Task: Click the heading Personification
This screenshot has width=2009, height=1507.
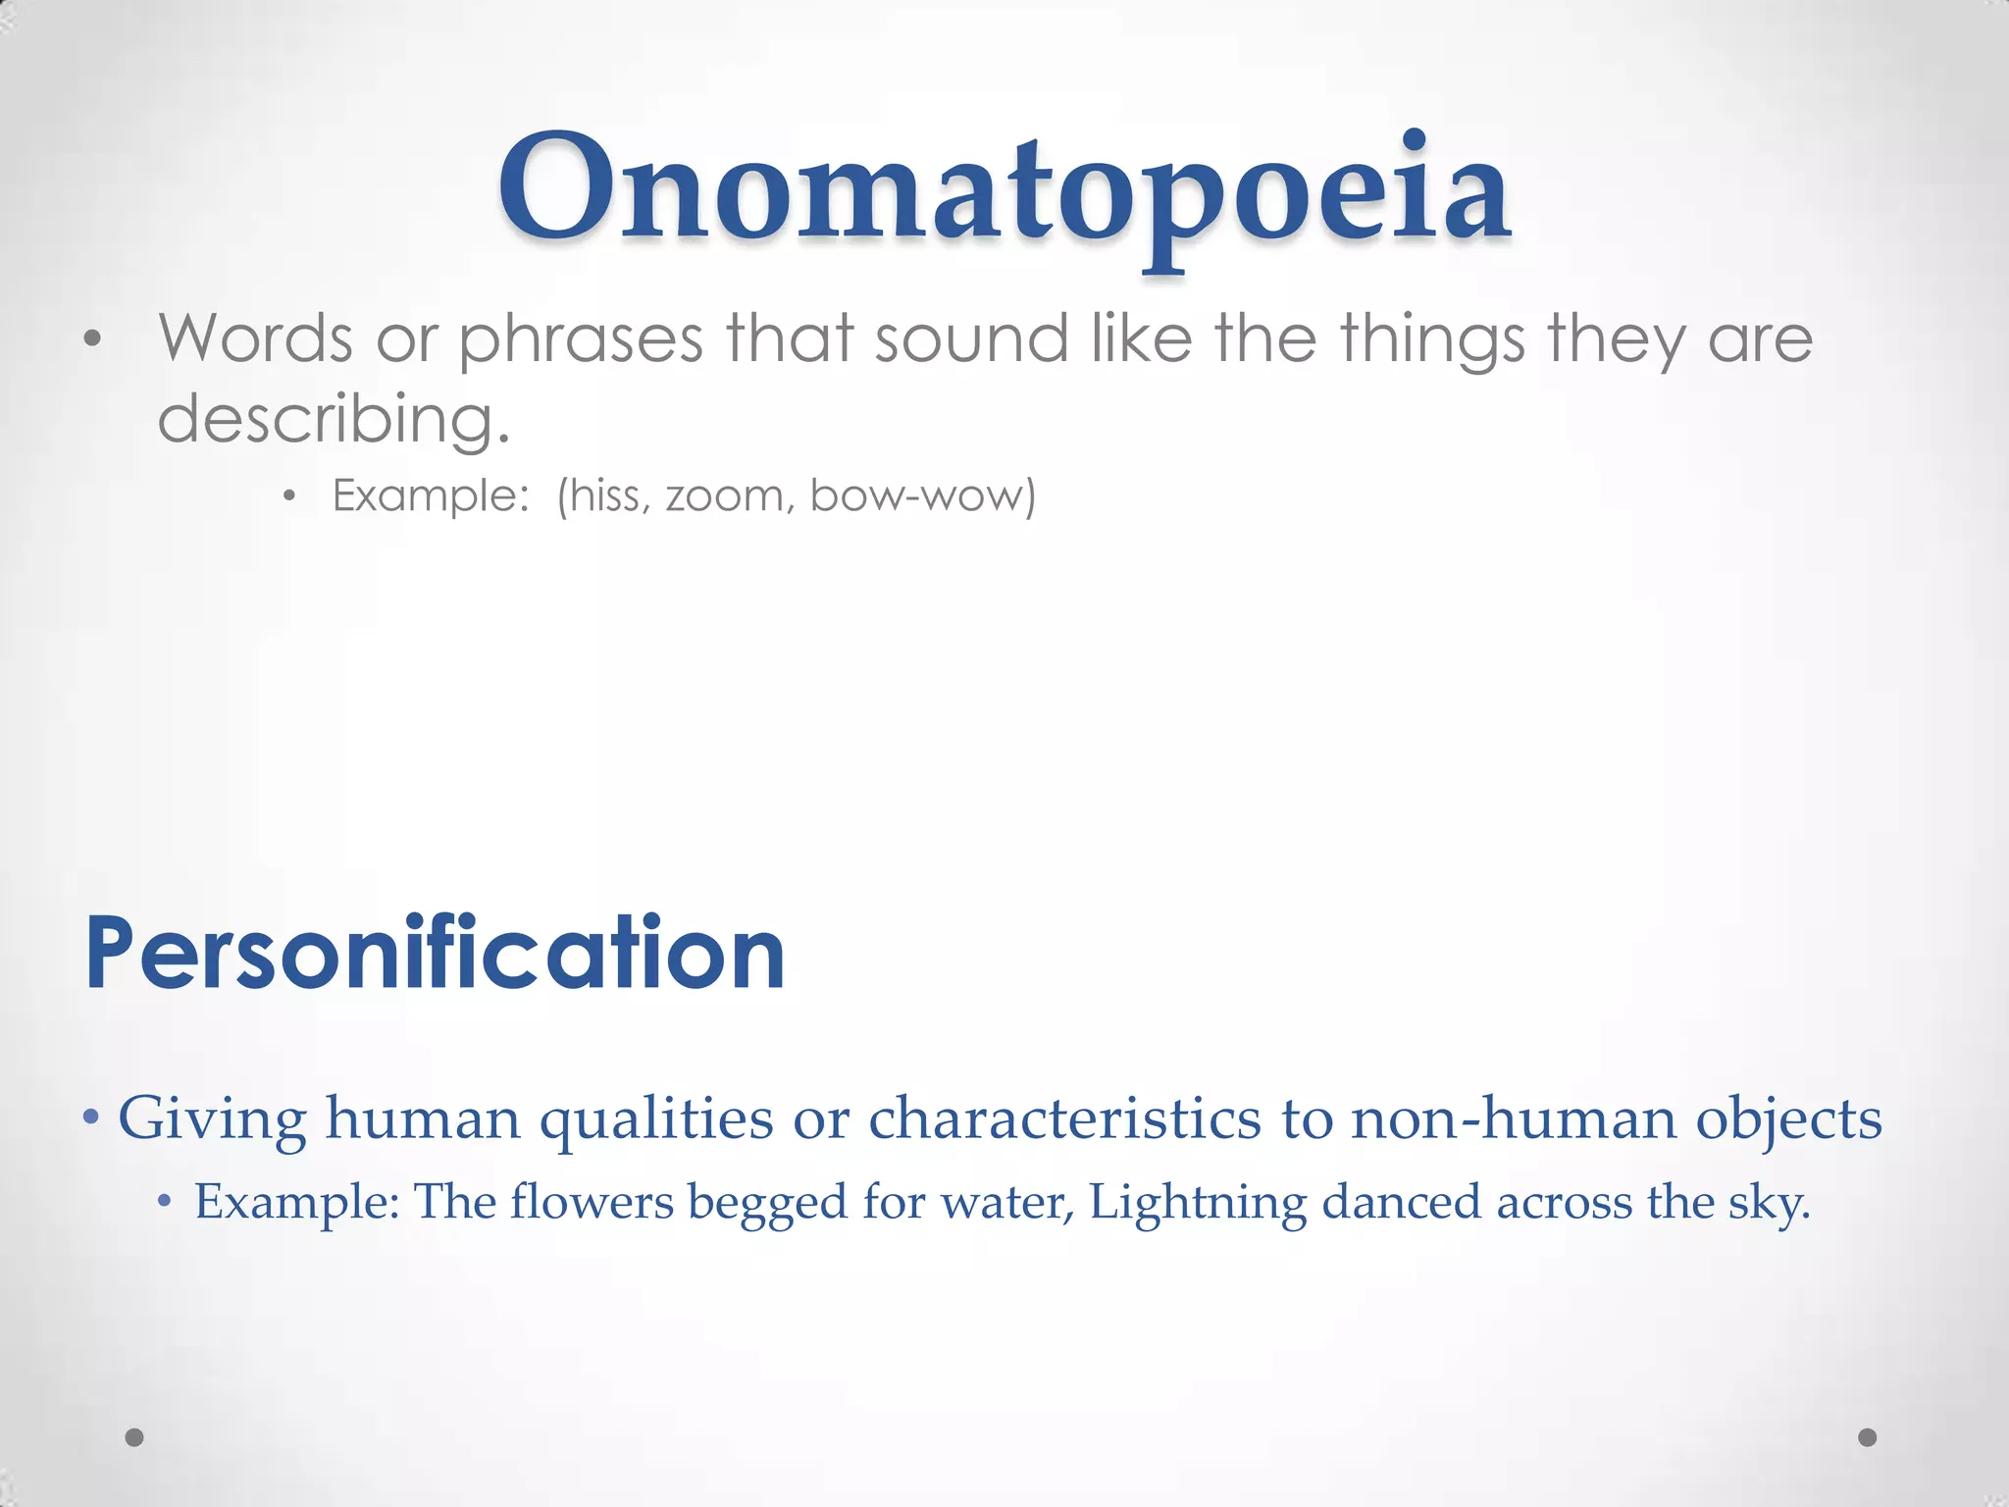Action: pos(435,954)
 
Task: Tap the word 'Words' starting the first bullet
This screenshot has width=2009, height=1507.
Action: pos(255,338)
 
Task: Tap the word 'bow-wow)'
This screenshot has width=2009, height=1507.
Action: pos(922,495)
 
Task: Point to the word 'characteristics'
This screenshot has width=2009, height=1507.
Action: pos(1064,1118)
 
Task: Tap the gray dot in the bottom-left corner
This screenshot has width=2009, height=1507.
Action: pos(135,1437)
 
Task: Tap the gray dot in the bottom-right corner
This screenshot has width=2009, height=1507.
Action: pos(1868,1437)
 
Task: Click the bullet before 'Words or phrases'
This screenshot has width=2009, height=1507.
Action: pos(92,340)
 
